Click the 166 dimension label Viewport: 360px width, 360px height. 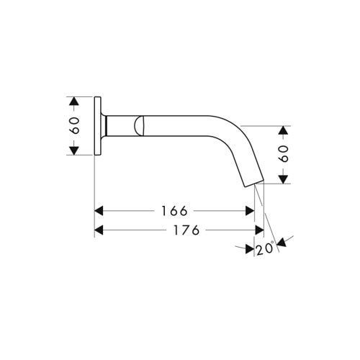point(174,211)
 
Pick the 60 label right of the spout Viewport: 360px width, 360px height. point(284,154)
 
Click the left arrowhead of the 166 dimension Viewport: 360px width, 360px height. point(101,211)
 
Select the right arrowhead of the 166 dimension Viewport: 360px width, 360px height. point(250,211)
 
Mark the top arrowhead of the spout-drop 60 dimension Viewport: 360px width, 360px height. point(284,132)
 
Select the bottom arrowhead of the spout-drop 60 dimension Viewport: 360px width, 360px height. point(284,179)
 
